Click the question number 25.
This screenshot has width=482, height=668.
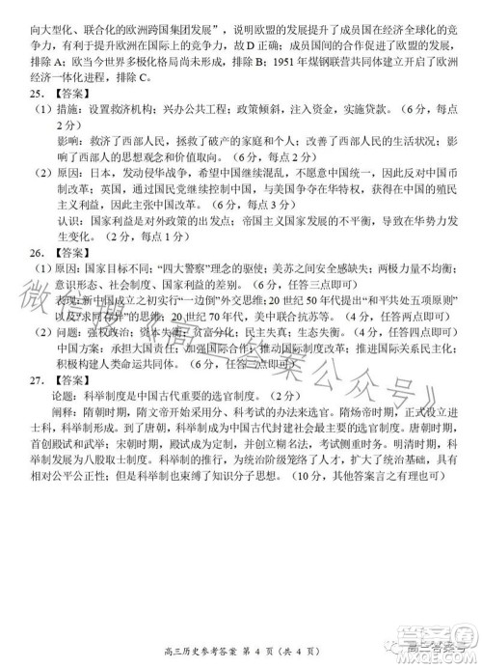click(x=31, y=95)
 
